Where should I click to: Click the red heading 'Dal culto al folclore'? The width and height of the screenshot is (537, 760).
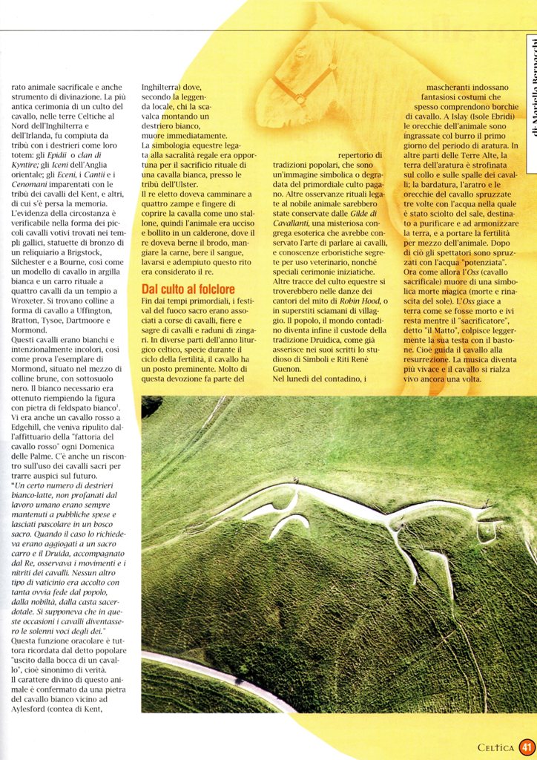pos(188,289)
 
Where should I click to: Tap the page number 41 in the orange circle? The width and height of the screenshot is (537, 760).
pos(527,747)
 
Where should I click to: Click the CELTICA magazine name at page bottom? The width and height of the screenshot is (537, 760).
pos(495,748)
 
